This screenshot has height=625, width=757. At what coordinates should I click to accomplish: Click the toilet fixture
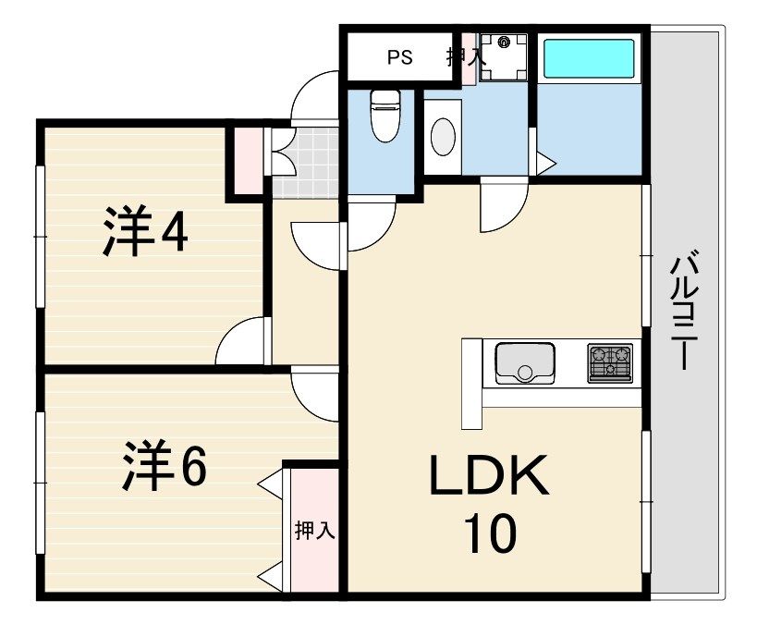(385, 116)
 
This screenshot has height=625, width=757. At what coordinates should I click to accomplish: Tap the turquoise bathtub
(589, 58)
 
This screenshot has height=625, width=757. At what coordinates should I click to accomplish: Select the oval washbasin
(442, 137)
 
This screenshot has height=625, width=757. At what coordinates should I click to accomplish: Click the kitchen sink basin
(525, 363)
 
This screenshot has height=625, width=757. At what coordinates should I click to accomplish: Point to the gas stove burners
(610, 363)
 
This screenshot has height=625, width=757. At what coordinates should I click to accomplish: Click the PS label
(399, 57)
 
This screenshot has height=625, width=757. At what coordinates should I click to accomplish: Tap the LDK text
(489, 475)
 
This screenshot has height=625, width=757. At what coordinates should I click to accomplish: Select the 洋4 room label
(145, 231)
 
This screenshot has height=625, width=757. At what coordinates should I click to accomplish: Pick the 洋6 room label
(165, 465)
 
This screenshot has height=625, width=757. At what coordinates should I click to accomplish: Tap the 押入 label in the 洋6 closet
(315, 531)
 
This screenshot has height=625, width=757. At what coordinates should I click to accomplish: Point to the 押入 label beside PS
(466, 57)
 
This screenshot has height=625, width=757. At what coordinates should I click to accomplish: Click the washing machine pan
(504, 57)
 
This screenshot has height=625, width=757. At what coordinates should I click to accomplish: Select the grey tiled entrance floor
(306, 163)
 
